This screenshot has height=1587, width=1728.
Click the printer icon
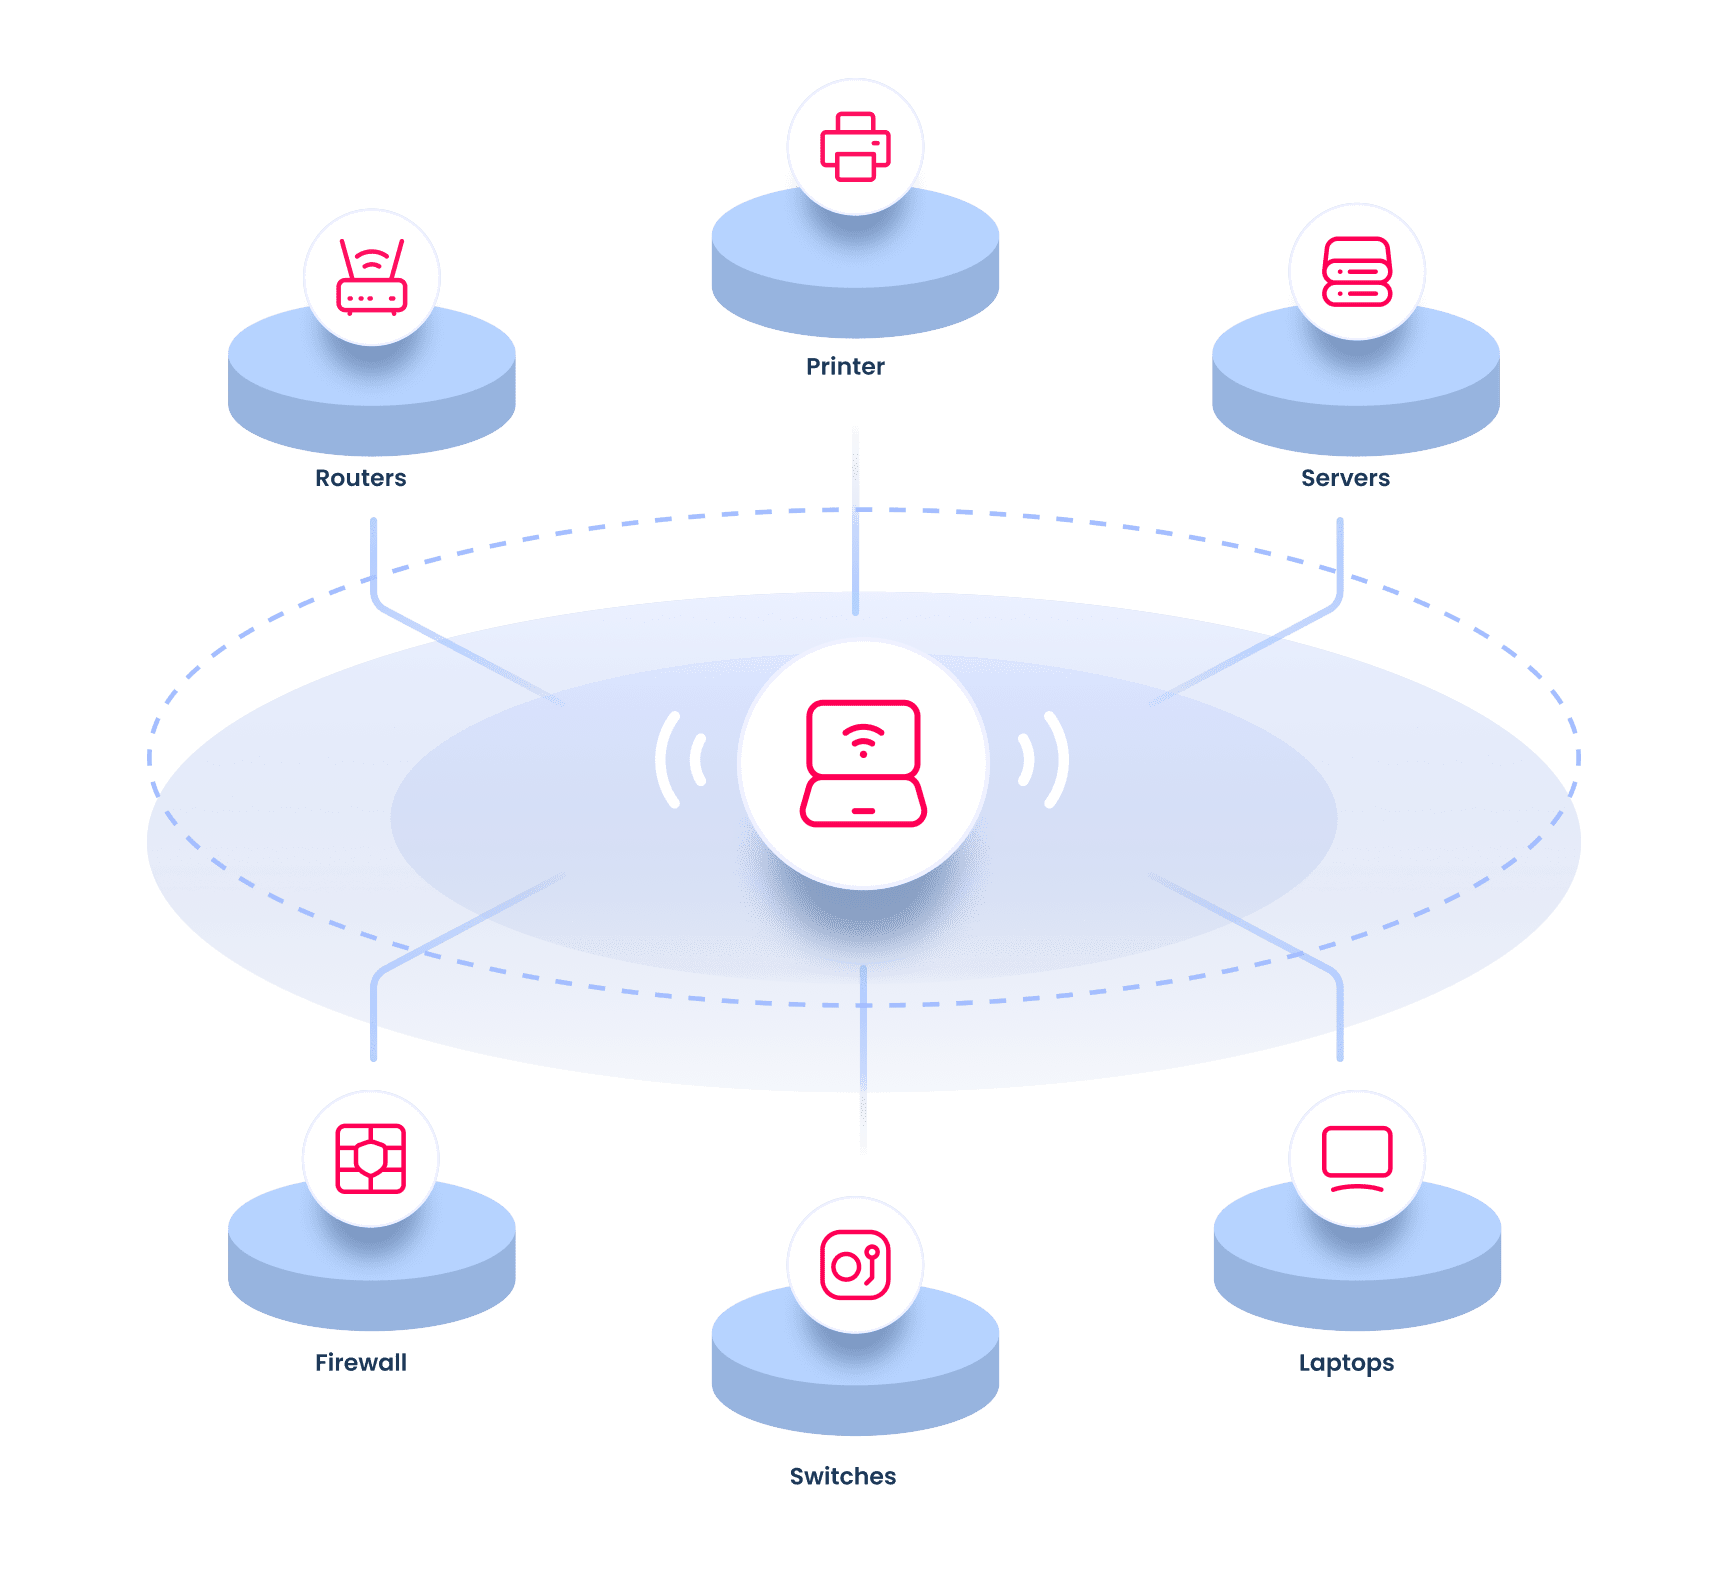click(x=855, y=147)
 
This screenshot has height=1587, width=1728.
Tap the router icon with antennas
click(x=372, y=277)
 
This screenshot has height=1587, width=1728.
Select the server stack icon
click(x=1357, y=271)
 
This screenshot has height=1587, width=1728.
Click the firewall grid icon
click(x=371, y=1158)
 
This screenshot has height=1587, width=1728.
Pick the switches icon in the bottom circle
click(x=855, y=1265)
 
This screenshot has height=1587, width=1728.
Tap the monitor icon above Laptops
click(x=1357, y=1158)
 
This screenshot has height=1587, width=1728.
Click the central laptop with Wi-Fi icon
click(x=863, y=764)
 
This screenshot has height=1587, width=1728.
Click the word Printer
click(x=845, y=367)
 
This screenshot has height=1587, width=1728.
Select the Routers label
click(x=360, y=478)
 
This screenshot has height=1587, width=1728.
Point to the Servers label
click(x=1345, y=478)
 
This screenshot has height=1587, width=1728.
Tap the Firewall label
click(x=360, y=1363)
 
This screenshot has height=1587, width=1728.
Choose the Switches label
click(x=843, y=1476)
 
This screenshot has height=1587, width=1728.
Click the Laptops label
click(x=1346, y=1363)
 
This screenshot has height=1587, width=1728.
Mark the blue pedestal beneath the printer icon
click(x=855, y=280)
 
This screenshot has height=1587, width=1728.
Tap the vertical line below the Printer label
click(x=856, y=520)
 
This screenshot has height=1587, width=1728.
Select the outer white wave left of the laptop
click(x=664, y=760)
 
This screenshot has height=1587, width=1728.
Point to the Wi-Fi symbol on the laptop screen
click(x=863, y=741)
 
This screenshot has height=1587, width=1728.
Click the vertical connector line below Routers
click(x=374, y=555)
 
